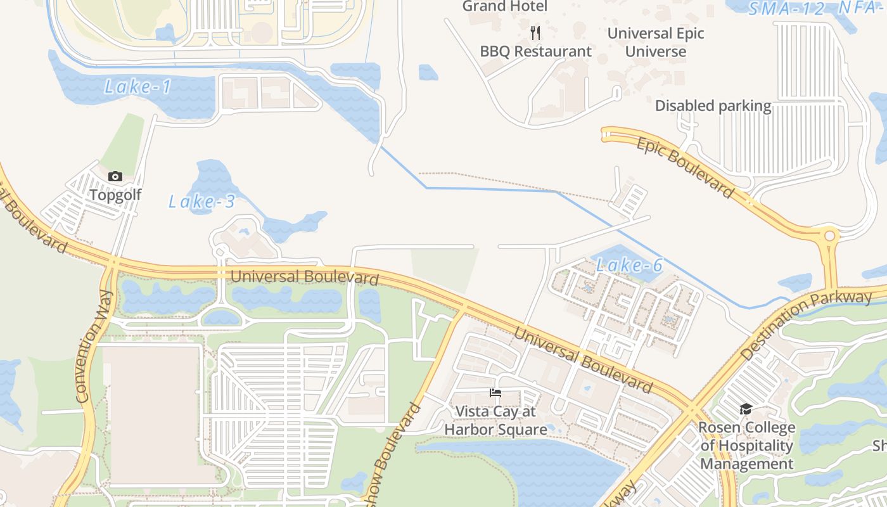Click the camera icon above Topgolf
pos(115,177)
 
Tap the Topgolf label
pos(115,195)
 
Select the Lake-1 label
pos(137,87)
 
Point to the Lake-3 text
pos(201,202)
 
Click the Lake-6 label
pos(629,266)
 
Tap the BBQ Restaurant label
pos(535,51)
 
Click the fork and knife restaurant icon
pos(535,32)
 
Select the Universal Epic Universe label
pos(656,42)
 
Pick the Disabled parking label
pos(713,106)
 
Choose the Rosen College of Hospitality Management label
pos(746,446)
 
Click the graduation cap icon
pos(746,409)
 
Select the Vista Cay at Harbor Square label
pos(495,420)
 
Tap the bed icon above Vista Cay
pos(495,394)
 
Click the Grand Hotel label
pos(504,6)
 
